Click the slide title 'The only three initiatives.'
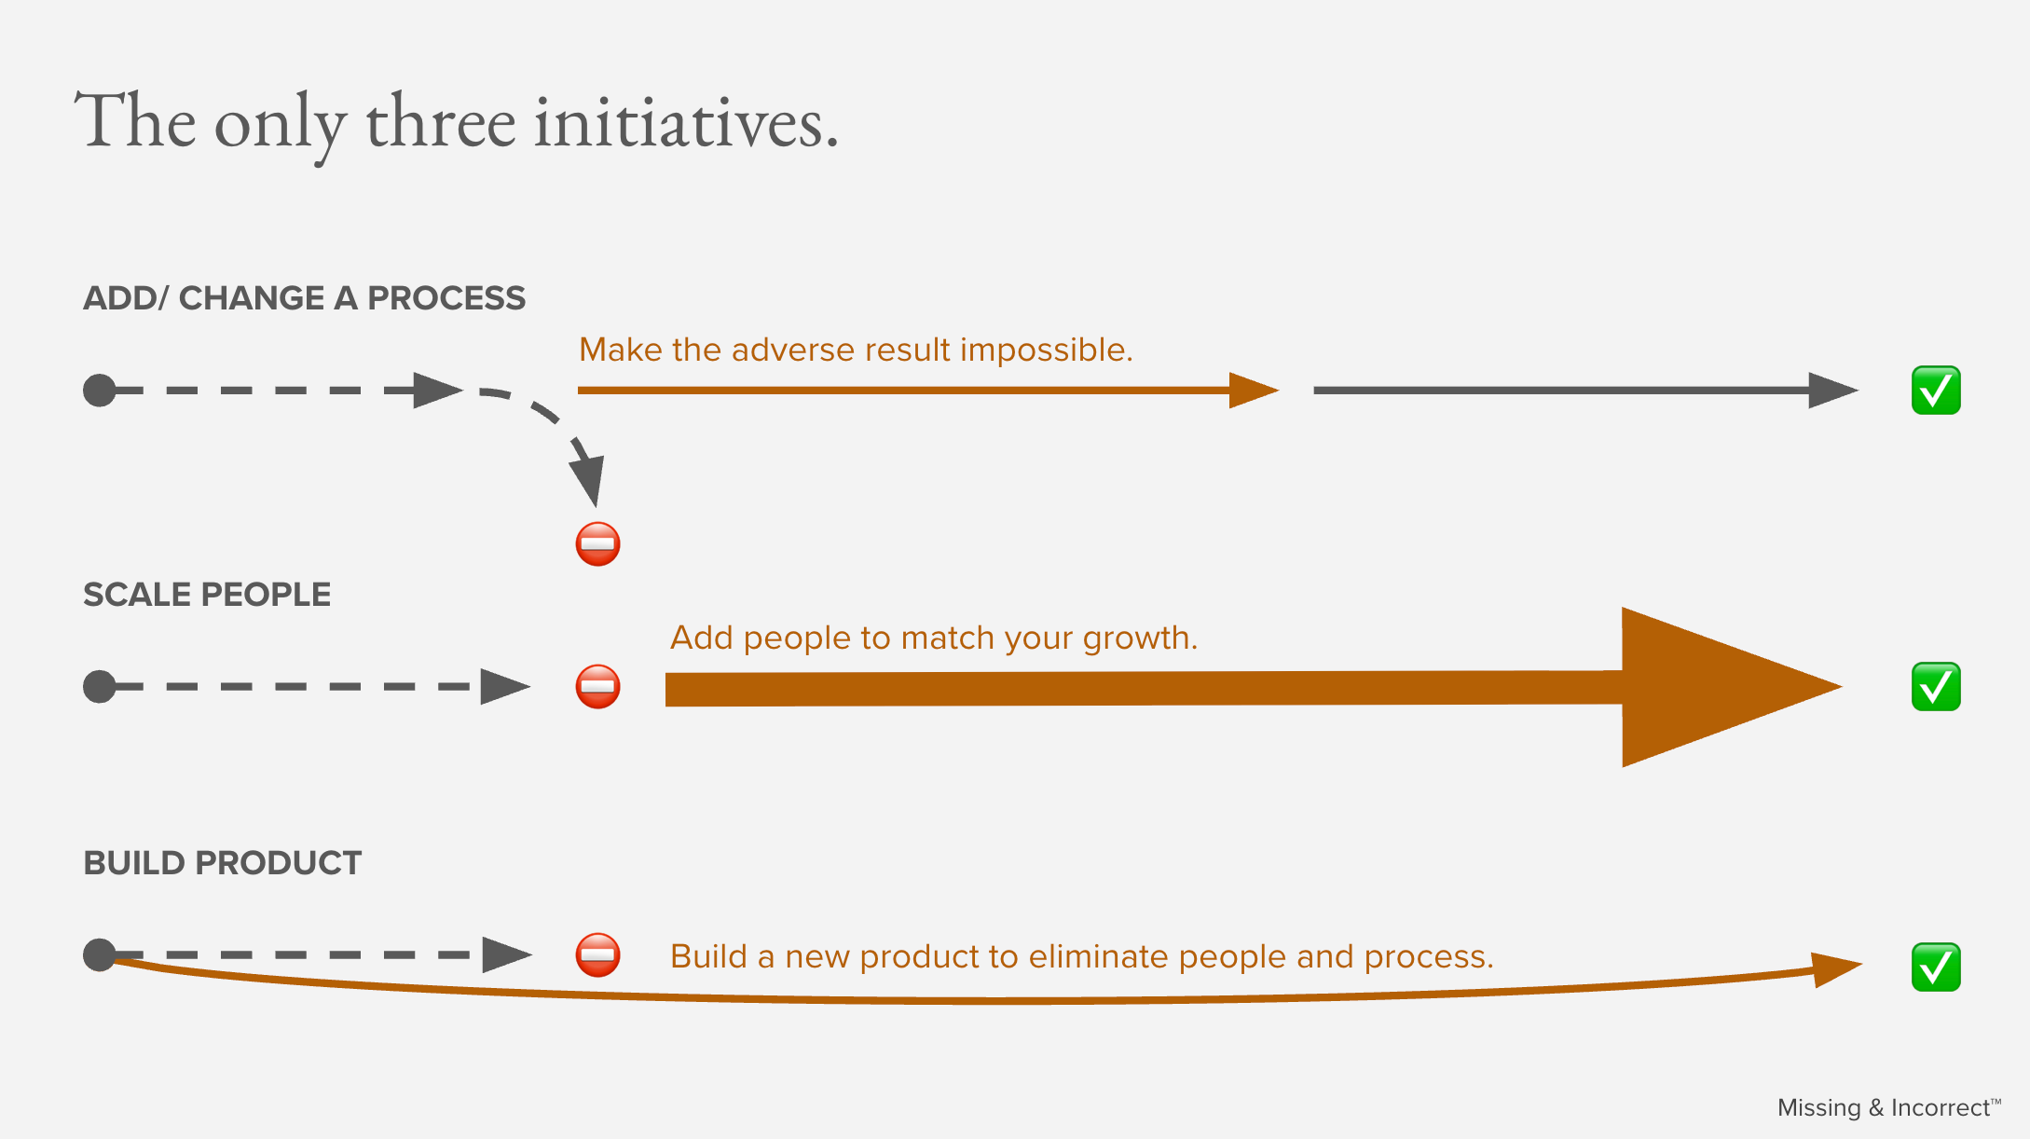click(x=457, y=121)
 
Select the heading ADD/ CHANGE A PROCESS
click(x=304, y=298)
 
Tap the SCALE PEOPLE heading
click(x=207, y=595)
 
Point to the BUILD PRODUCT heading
click(x=222, y=863)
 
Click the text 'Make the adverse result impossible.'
click(x=856, y=350)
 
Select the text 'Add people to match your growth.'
click(x=934, y=638)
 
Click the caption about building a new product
click(x=1081, y=957)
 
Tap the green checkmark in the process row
click(x=1936, y=391)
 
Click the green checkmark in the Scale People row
click(x=1936, y=687)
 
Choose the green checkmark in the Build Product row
click(x=1936, y=967)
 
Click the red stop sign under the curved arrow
click(x=597, y=543)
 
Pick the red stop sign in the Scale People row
click(x=597, y=687)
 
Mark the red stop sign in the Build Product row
click(x=597, y=954)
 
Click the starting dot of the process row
click(x=100, y=391)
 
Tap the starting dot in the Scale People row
click(x=100, y=687)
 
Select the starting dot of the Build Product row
click(x=100, y=954)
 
